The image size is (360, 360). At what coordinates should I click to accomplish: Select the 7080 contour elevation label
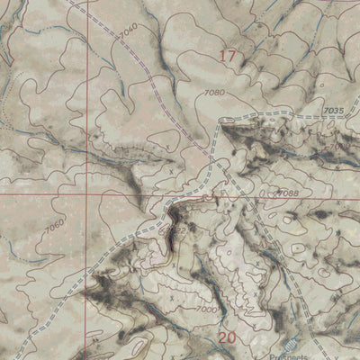[x=213, y=93]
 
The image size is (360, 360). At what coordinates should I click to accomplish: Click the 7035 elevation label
[x=334, y=111]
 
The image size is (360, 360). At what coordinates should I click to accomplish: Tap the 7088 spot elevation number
[x=287, y=193]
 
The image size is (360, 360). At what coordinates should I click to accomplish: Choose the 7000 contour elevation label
[x=207, y=309]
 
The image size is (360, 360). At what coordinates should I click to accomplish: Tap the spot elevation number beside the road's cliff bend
[x=179, y=229]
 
